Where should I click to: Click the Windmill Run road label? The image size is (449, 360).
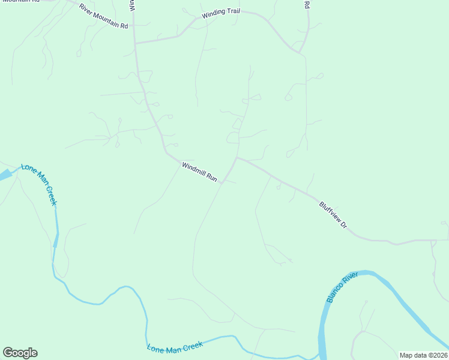pyautogui.click(x=199, y=171)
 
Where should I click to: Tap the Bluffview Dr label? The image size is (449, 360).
pyautogui.click(x=333, y=215)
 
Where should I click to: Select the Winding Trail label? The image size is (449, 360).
pyautogui.click(x=220, y=13)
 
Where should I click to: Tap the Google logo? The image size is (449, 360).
pyautogui.click(x=20, y=353)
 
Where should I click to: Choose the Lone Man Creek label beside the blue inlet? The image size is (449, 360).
pyautogui.click(x=39, y=184)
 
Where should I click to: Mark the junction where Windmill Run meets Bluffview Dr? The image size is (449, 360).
pyautogui.click(x=238, y=158)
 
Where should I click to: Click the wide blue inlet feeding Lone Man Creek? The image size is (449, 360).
pyautogui.click(x=5, y=175)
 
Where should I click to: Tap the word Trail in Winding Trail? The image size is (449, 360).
pyautogui.click(x=232, y=11)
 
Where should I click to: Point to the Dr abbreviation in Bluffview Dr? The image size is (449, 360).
pyautogui.click(x=344, y=225)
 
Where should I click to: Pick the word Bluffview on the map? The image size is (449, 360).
pyautogui.click(x=330, y=212)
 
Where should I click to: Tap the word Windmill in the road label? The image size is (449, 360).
pyautogui.click(x=193, y=169)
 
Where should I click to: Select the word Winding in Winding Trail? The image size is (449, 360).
pyautogui.click(x=212, y=14)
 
